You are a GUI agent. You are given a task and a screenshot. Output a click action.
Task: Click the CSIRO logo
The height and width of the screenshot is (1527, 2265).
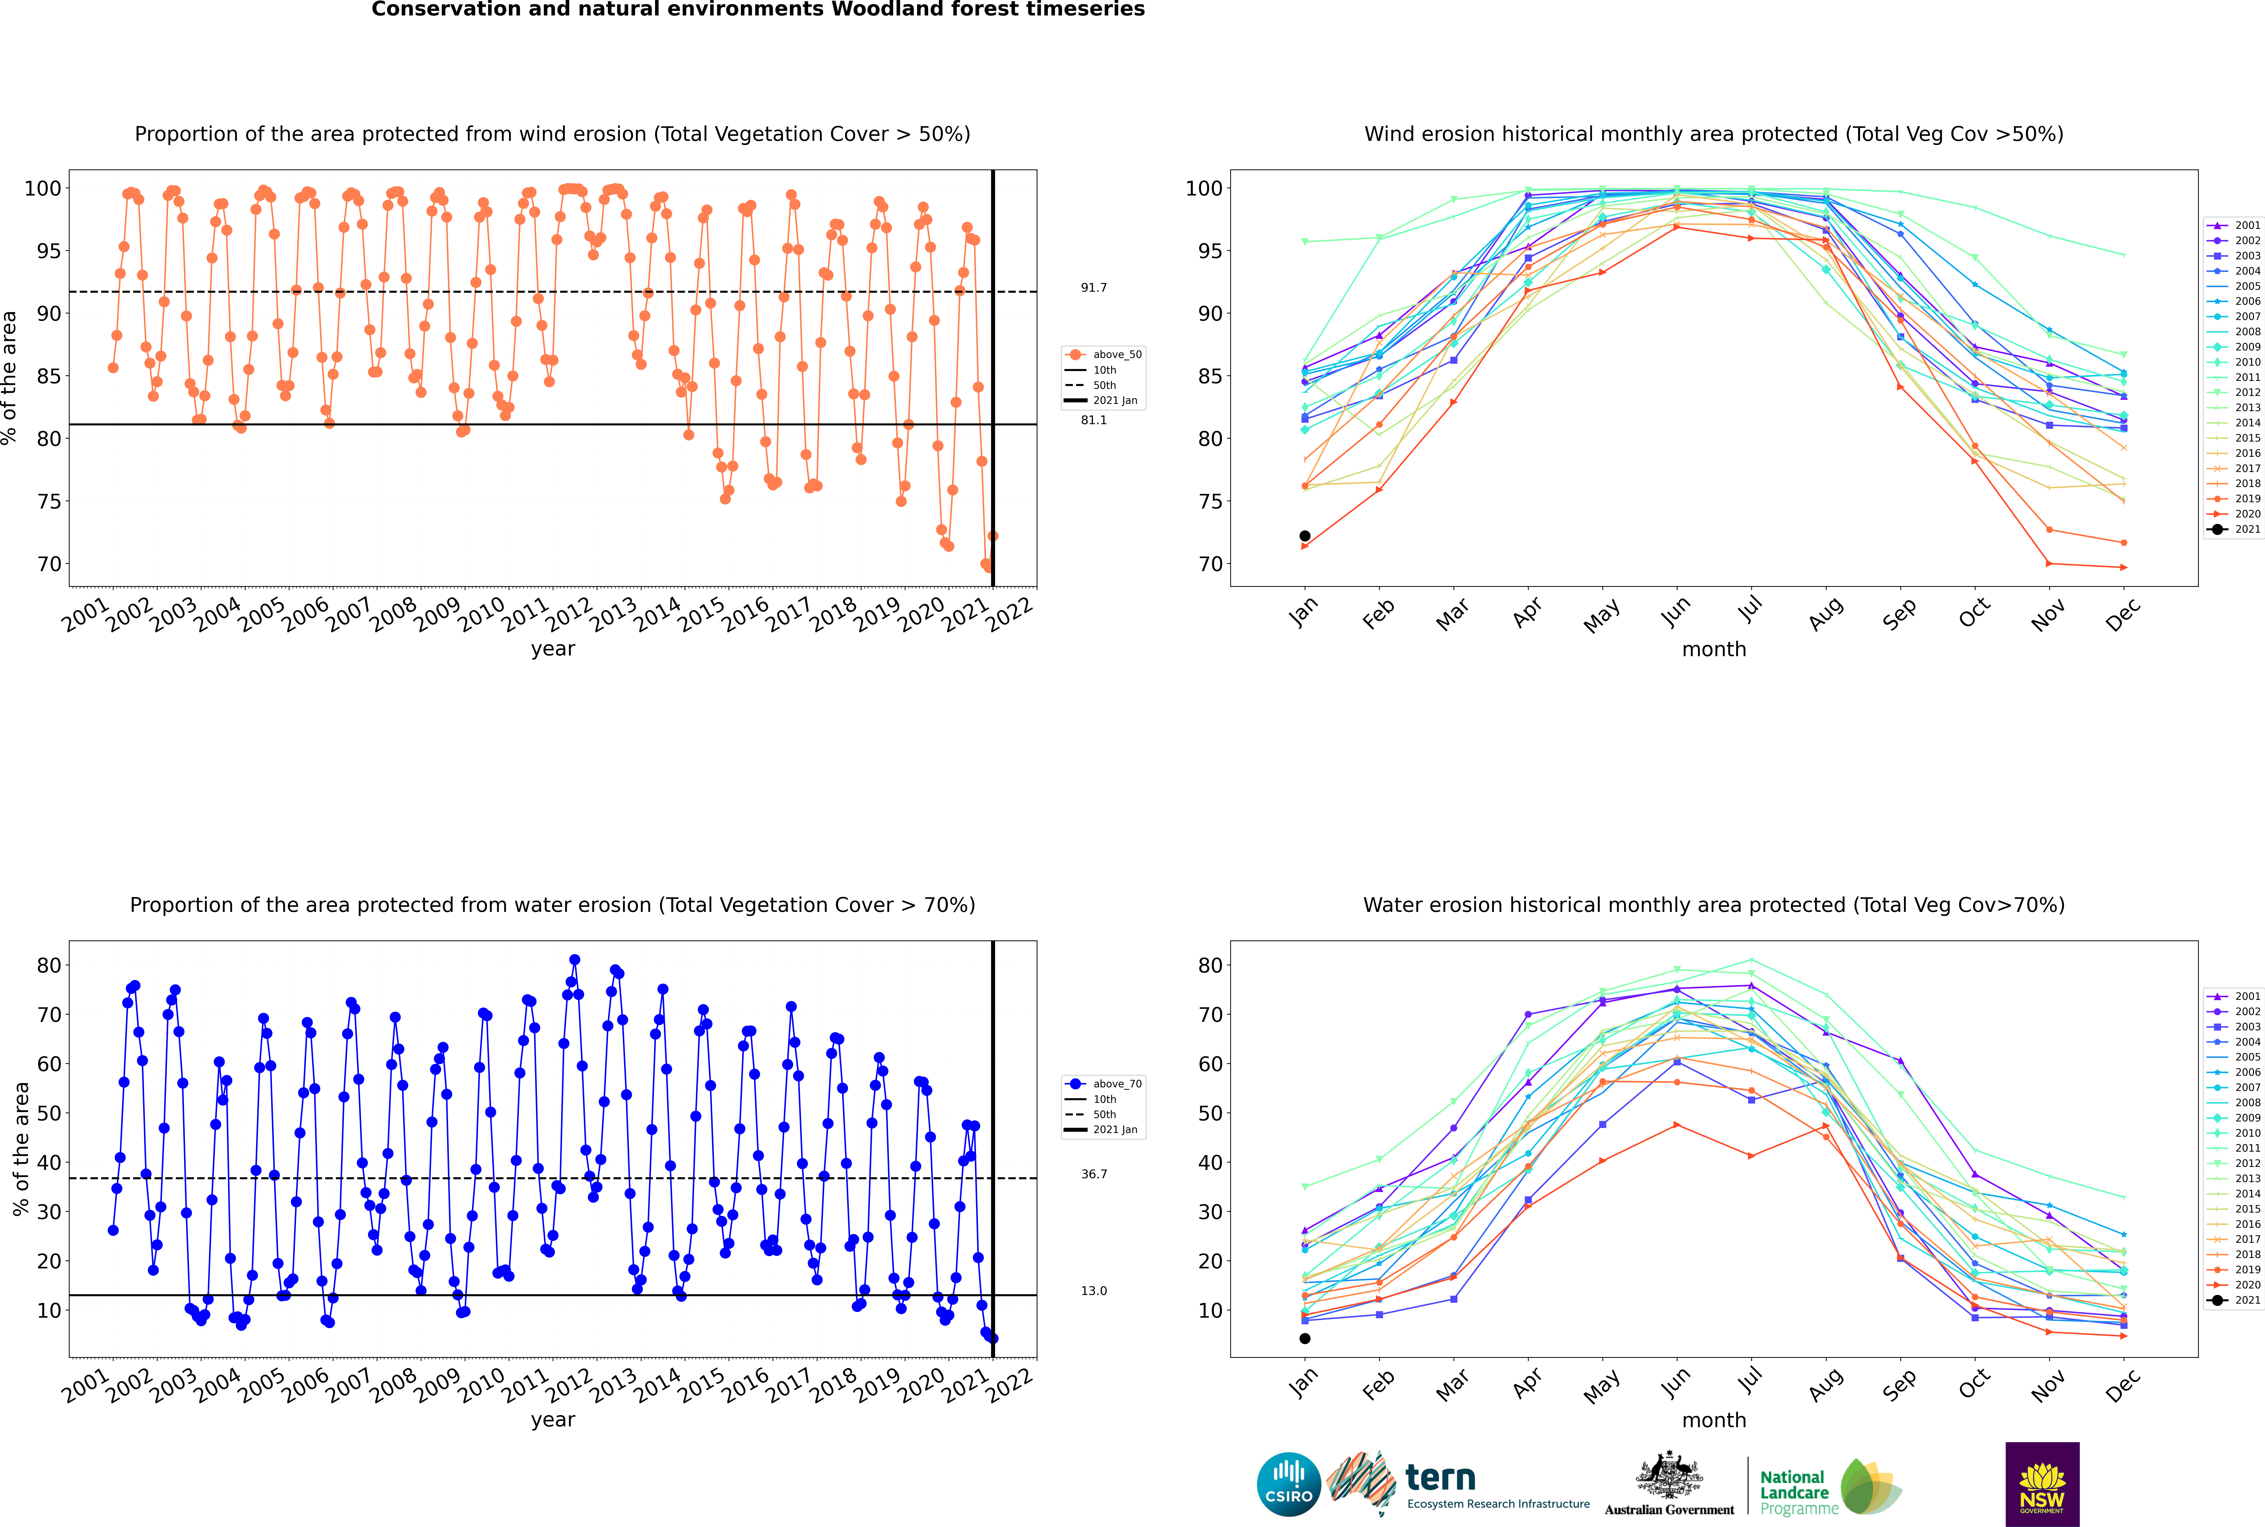(1288, 1484)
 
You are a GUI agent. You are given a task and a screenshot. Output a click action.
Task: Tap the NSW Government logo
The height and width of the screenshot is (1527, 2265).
(2042, 1484)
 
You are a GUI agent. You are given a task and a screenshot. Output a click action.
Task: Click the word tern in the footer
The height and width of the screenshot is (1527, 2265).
(1440, 1478)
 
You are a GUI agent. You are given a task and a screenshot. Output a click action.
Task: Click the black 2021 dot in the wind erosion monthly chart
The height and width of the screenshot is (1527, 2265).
(1305, 536)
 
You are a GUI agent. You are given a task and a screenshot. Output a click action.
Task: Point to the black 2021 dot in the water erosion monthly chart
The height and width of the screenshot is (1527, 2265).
(1305, 1338)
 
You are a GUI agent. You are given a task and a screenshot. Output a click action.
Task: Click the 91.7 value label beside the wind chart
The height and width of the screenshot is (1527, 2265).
(1093, 287)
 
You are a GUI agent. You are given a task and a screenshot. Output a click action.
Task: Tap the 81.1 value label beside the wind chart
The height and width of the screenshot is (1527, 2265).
(1093, 420)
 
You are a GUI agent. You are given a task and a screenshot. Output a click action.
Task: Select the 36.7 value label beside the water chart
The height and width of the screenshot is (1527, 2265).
(1093, 1173)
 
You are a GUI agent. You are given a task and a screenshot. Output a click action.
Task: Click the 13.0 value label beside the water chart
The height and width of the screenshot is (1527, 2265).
(1093, 1290)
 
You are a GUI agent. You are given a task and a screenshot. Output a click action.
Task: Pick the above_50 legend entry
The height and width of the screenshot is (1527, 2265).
(1103, 355)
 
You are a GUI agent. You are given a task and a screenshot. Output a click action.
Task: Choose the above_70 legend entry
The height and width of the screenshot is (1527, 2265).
(1103, 1084)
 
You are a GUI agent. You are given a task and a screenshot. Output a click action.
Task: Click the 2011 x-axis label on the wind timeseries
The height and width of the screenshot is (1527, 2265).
(526, 613)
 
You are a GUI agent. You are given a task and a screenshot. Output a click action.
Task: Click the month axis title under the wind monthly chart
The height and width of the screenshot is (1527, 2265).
(1714, 650)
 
